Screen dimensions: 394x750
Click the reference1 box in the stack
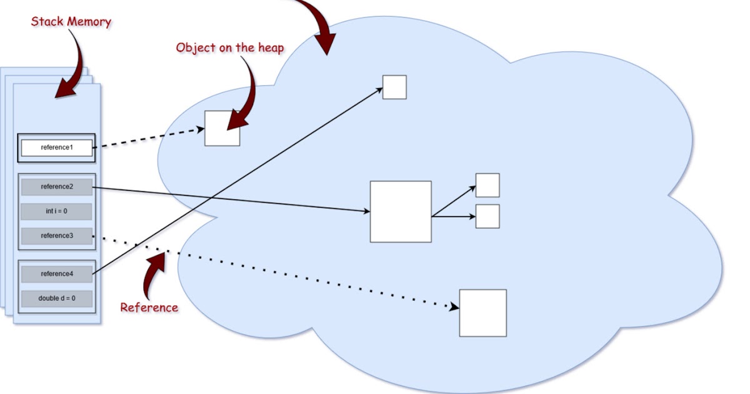[x=56, y=148]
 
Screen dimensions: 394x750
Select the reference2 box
[x=56, y=187]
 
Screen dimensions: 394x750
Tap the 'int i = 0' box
[x=56, y=211]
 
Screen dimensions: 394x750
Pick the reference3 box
[x=56, y=236]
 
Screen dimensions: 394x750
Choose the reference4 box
[x=56, y=274]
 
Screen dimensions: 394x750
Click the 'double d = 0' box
[x=56, y=298]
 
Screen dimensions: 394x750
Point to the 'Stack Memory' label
[x=71, y=22]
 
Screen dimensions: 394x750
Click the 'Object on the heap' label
[x=229, y=48]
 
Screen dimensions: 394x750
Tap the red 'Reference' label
[x=149, y=307]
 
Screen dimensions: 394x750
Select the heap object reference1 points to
[x=222, y=128]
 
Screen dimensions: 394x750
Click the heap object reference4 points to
[x=394, y=87]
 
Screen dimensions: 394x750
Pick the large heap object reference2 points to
[x=401, y=211]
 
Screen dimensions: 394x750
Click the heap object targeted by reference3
[x=482, y=313]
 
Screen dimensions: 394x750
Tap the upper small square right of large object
[x=487, y=185]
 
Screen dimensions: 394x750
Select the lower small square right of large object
[x=487, y=216]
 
